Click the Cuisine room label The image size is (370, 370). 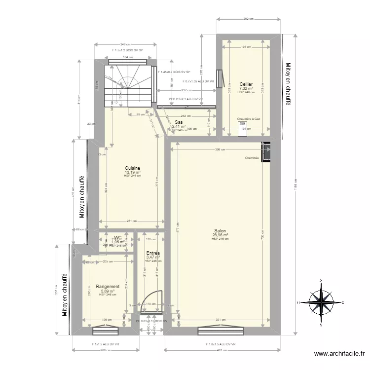[x=132, y=168]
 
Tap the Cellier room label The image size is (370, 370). [x=246, y=84]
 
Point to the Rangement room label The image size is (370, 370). [x=108, y=287]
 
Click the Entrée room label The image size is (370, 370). [x=153, y=253]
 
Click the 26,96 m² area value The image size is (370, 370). [x=220, y=235]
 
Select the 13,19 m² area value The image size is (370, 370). [x=132, y=173]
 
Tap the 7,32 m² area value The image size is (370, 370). [x=246, y=89]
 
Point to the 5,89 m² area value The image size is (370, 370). [x=108, y=291]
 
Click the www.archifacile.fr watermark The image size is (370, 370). [x=340, y=354]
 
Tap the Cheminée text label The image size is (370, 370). [x=252, y=158]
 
